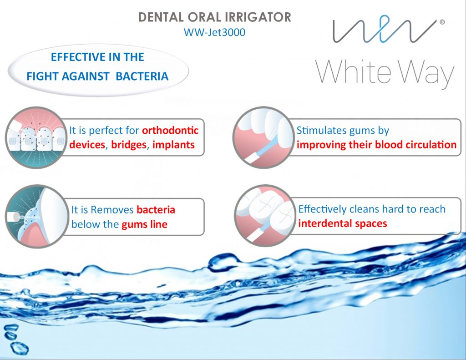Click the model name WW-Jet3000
tap(215, 32)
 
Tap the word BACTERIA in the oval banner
tap(142, 76)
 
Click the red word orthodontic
tap(170, 130)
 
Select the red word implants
tap(173, 145)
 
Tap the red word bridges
tap(129, 145)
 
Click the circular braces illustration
tap(36, 137)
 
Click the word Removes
tap(112, 209)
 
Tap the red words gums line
tap(144, 224)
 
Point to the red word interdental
tap(325, 223)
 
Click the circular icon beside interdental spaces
tap(264, 216)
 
